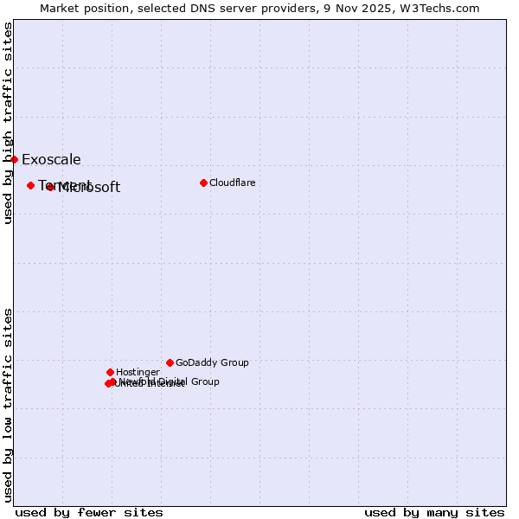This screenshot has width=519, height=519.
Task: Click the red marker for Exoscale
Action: (x=14, y=159)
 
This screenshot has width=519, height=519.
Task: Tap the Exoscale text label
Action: (x=51, y=159)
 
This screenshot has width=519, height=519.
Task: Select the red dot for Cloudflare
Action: (x=203, y=183)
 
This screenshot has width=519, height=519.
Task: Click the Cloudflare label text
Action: (x=232, y=183)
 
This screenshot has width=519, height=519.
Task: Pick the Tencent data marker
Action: (x=30, y=185)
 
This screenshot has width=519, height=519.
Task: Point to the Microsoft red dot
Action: (x=50, y=187)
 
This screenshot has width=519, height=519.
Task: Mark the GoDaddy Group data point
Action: (x=170, y=362)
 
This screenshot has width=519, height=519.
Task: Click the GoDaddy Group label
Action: (x=212, y=362)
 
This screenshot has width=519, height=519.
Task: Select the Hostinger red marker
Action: (x=110, y=372)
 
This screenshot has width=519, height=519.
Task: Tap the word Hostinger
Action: (x=138, y=372)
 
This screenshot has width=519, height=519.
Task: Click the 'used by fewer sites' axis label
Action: (x=89, y=512)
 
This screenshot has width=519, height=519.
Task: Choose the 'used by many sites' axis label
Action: (x=434, y=512)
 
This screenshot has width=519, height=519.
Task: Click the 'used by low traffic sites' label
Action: (x=8, y=405)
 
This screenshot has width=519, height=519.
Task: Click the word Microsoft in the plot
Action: (x=89, y=188)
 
